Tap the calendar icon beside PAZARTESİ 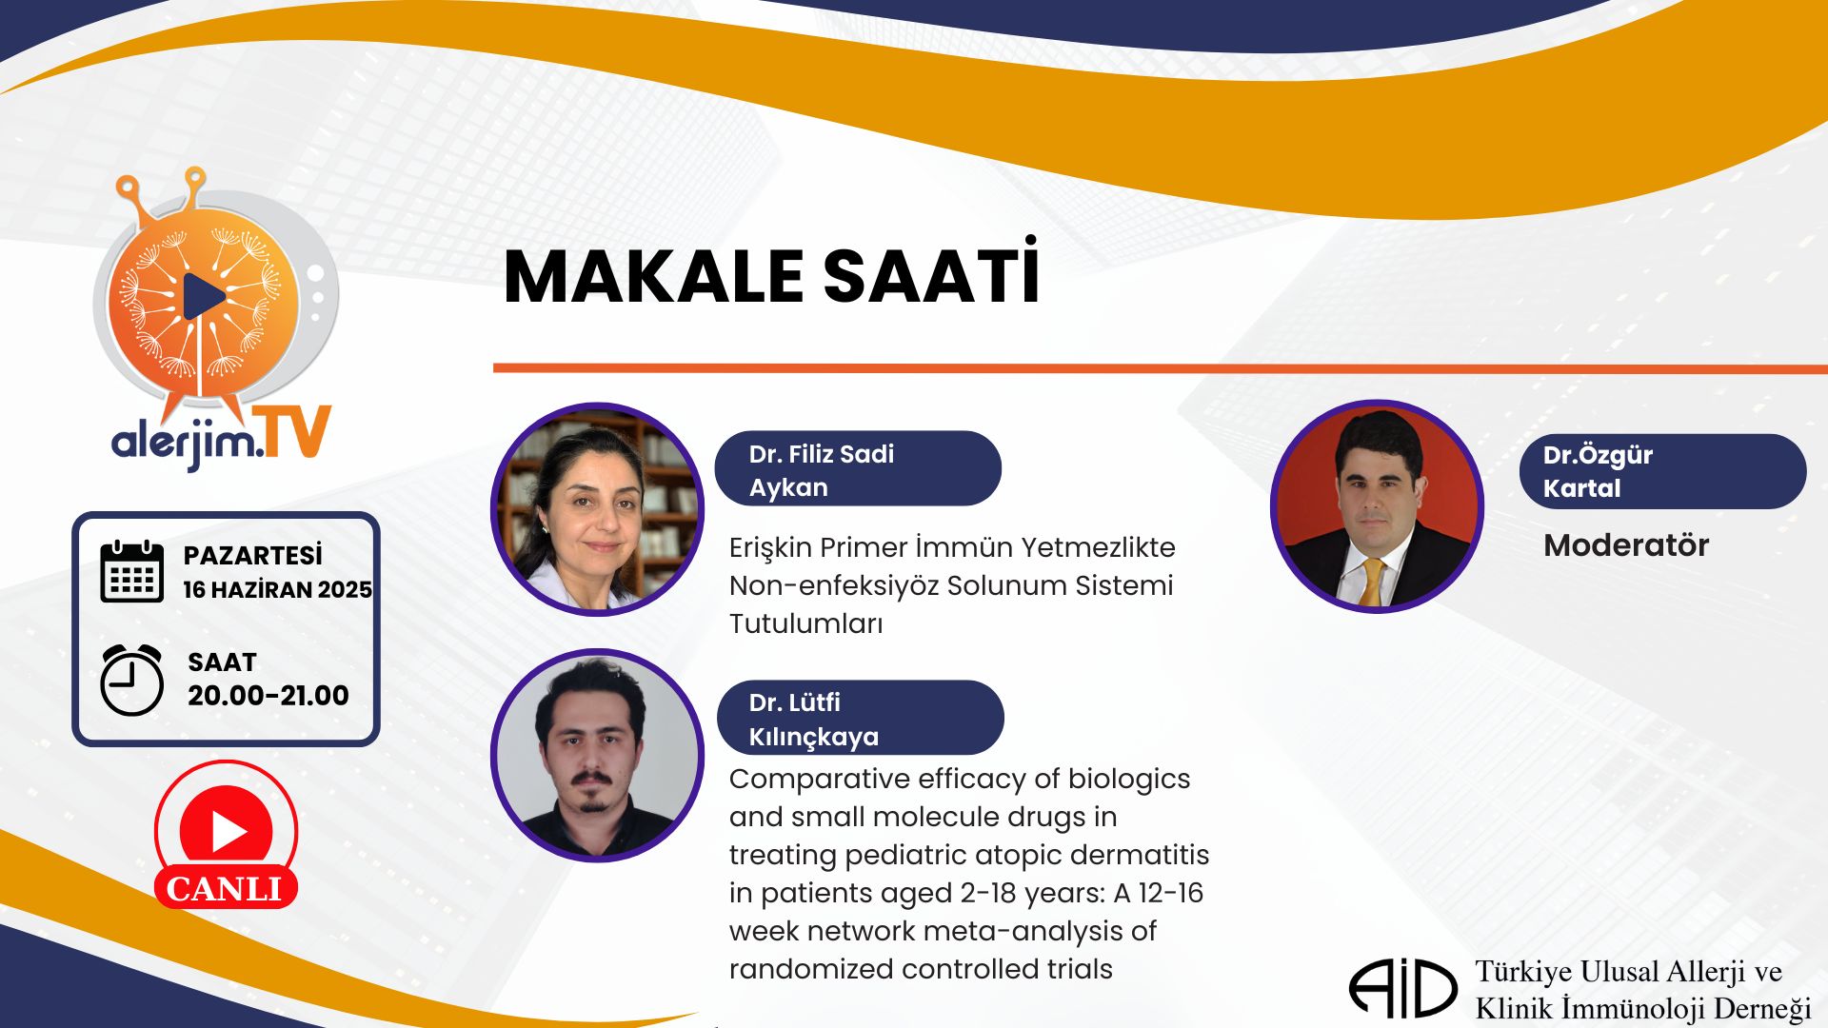(132, 571)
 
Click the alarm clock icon (132, 680)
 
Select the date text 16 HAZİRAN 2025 (277, 590)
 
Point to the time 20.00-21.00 (268, 696)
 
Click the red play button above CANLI (227, 831)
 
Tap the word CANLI (225, 889)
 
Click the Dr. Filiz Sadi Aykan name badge (858, 468)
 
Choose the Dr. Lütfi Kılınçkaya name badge (860, 718)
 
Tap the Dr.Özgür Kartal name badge (1662, 471)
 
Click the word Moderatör (1626, 545)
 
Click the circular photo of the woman (598, 509)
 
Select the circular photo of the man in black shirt (598, 755)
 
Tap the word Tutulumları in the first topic (806, 623)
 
